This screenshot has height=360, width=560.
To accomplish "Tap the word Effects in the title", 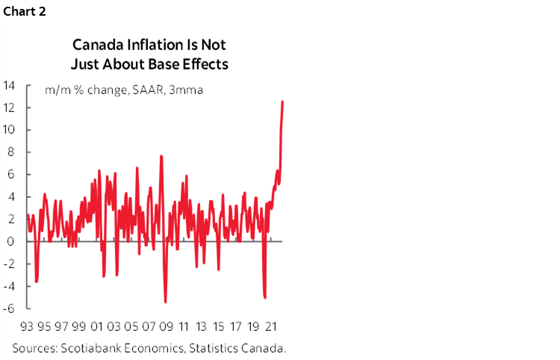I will (x=205, y=63).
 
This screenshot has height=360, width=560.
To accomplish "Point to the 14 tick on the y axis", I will (x=10, y=85).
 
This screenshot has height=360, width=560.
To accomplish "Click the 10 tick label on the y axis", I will (x=10, y=130).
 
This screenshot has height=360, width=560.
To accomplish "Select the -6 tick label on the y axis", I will (x=10, y=308).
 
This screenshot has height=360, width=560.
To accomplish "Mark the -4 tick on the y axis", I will (x=10, y=286).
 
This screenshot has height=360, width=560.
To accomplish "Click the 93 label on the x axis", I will (x=28, y=326).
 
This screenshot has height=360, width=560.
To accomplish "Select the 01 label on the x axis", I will (x=96, y=326).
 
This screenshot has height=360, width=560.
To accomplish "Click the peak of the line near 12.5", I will (x=282, y=102).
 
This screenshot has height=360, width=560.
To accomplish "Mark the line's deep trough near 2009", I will (x=165, y=302).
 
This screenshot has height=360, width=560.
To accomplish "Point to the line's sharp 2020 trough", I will (x=265, y=297).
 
